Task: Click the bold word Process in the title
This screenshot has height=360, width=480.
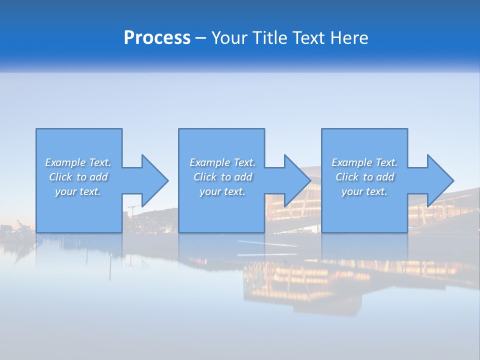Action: coord(157,38)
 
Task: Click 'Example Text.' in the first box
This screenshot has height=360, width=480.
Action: coord(78,162)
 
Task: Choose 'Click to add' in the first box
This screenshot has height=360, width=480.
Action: coord(78,177)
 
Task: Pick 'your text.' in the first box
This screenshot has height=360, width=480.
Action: coord(78,191)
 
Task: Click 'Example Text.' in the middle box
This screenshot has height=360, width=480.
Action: coord(222,162)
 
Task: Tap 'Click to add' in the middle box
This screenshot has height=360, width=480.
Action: coord(222,177)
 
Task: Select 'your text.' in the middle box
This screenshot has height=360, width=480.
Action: coord(222,191)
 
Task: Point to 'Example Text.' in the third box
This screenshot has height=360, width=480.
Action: coord(364,162)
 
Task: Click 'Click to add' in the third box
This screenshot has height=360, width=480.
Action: coord(364,177)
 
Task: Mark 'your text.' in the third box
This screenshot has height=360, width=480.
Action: coord(364,191)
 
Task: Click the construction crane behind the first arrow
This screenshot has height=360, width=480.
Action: coord(132,209)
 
